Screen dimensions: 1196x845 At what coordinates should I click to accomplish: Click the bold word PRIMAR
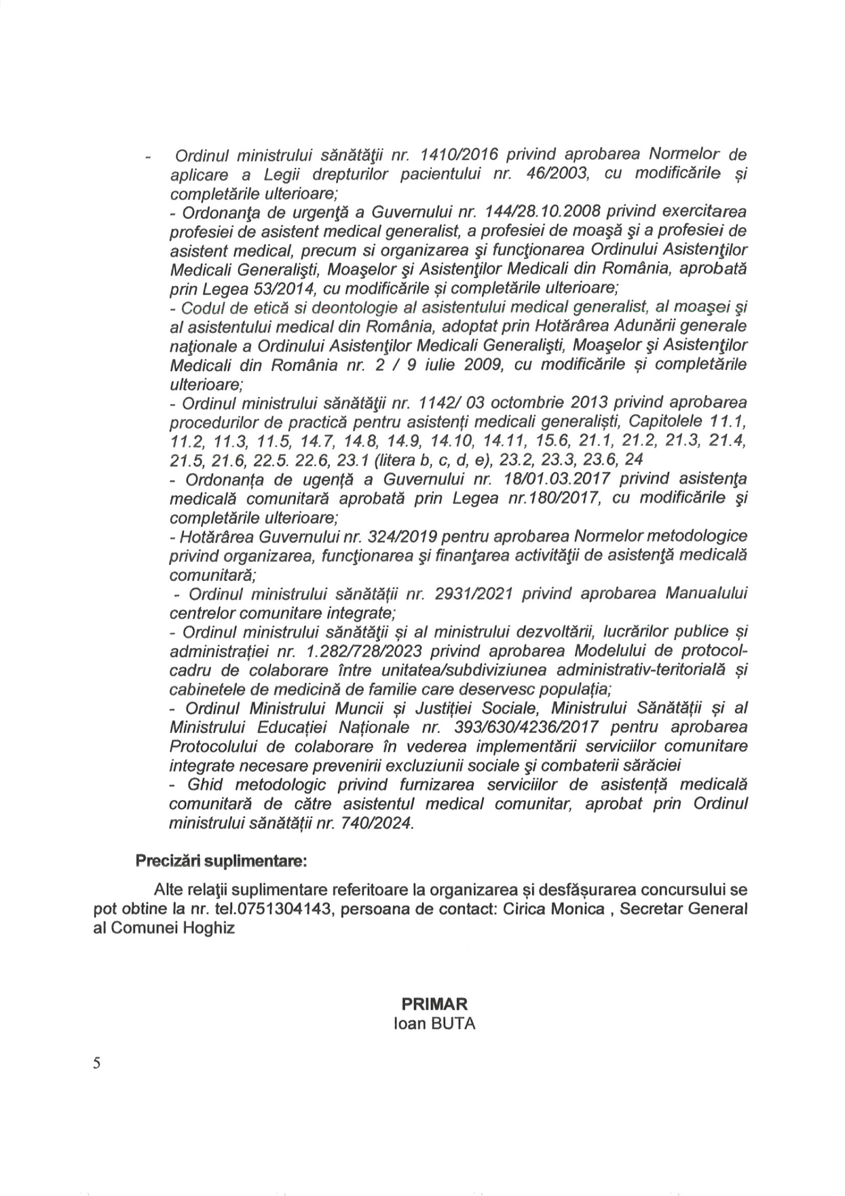tap(434, 1004)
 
